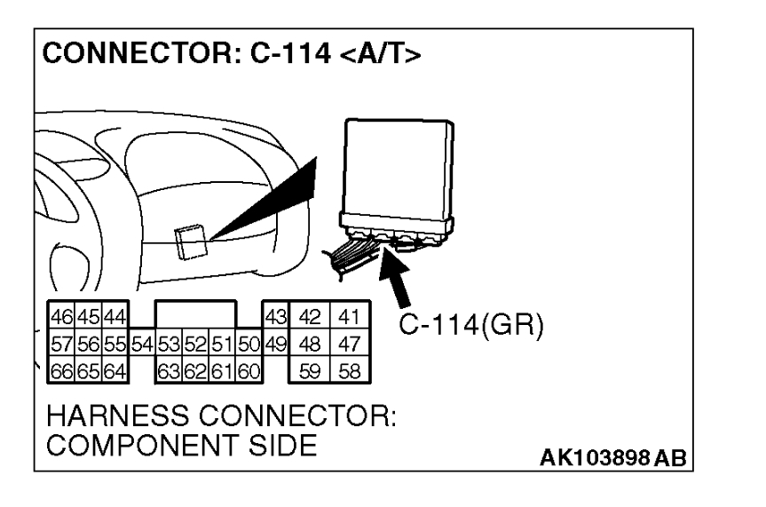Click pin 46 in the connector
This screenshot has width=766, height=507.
(x=58, y=315)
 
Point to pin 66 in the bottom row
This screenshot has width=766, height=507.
(x=58, y=368)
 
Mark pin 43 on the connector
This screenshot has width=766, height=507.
(x=275, y=316)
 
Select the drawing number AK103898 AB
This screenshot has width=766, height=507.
(x=615, y=462)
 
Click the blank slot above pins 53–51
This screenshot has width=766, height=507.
(x=195, y=316)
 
